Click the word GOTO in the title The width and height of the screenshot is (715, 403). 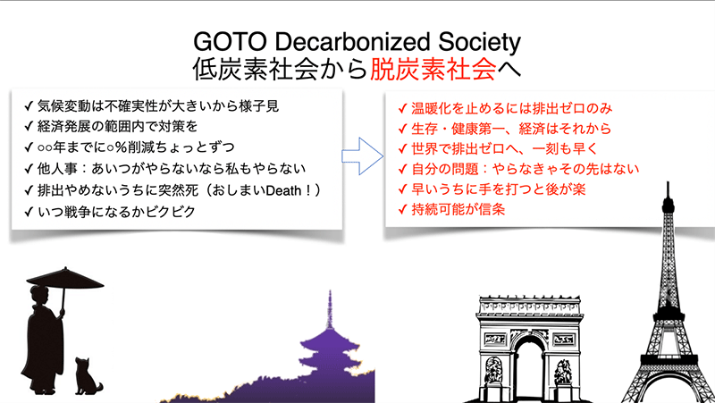(230, 42)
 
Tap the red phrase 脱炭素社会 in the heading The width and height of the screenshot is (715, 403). (433, 70)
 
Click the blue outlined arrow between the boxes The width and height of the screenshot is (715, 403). (363, 155)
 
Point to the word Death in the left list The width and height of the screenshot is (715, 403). (283, 190)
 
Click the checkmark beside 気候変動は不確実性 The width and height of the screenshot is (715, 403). (29, 106)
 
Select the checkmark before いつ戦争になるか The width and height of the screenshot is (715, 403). (29, 212)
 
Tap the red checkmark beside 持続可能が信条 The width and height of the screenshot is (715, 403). (402, 210)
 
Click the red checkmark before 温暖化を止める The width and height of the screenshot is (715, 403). (402, 108)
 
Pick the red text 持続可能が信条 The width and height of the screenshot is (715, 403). (458, 209)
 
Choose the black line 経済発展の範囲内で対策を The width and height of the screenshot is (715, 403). (118, 126)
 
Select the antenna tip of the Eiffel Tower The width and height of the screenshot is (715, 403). (668, 183)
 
